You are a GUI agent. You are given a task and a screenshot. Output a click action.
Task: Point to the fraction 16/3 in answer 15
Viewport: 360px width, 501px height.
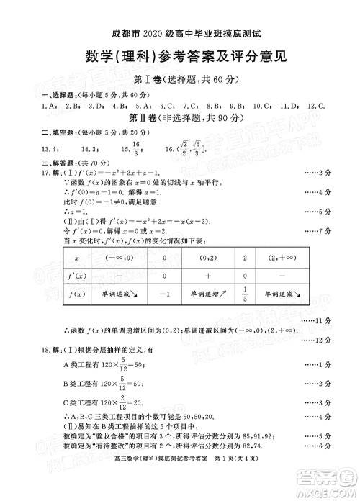click(x=139, y=148)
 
